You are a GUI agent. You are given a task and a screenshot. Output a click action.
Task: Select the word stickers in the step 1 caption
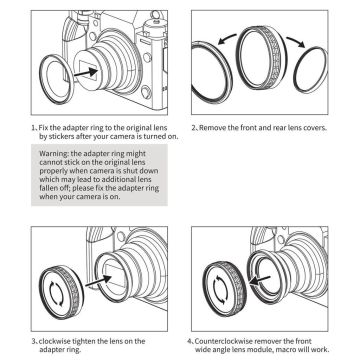tap(60, 136)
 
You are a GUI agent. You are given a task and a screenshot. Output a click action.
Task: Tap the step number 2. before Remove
tap(195, 127)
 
